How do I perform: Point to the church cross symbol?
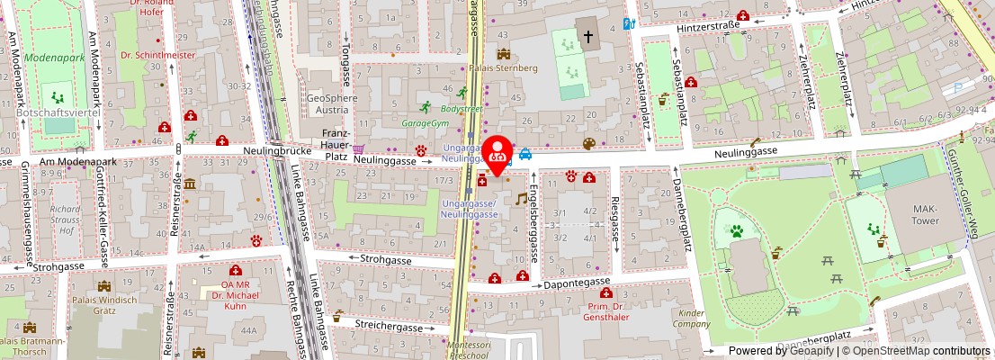tap(588, 37)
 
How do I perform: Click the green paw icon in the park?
tap(738, 231)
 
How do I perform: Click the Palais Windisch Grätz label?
tap(113, 305)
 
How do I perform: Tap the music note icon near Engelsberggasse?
tap(520, 198)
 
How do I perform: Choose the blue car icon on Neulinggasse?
tap(525, 155)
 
